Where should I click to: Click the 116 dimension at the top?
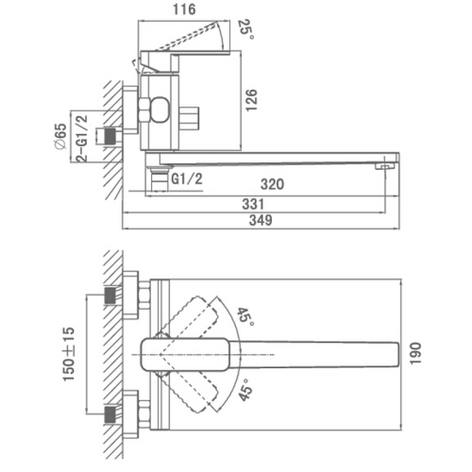point(184,9)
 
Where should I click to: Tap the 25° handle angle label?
point(246,29)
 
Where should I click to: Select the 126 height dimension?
point(251,100)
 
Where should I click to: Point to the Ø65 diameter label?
point(61,136)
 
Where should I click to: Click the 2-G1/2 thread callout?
point(82,139)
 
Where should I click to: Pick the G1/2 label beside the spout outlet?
point(186,179)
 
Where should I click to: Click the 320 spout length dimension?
point(272,184)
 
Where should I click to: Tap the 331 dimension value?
point(253,204)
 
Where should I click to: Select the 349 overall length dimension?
point(260,220)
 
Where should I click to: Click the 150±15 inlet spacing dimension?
point(68,354)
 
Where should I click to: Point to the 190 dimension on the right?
point(415,353)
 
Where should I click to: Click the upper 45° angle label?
point(245,316)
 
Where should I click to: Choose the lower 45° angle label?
point(245,390)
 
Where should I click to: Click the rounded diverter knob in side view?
point(160,110)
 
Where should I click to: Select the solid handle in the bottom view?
point(185,355)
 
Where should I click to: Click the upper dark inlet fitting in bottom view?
point(110,296)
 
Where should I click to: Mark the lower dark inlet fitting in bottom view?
point(110,415)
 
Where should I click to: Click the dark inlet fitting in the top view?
point(110,136)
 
